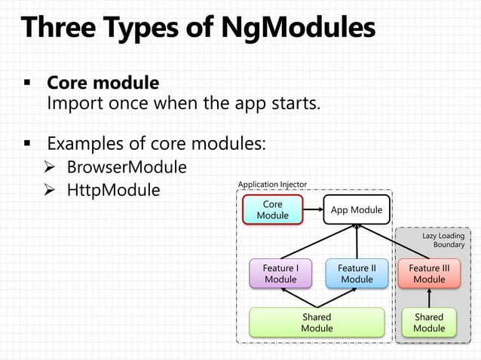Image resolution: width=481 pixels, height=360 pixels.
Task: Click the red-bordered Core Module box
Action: pyautogui.click(x=273, y=209)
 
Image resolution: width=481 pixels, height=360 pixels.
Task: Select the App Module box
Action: pyautogui.click(x=357, y=209)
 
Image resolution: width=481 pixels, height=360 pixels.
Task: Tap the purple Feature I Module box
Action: pyautogui.click(x=280, y=273)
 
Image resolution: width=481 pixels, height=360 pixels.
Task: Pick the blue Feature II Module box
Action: pyautogui.click(x=357, y=273)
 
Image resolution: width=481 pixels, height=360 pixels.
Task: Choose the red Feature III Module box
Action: pyautogui.click(x=429, y=273)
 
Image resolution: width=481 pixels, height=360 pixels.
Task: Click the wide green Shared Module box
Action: pyautogui.click(x=317, y=322)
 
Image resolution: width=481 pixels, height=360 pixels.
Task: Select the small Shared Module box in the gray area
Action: pyautogui.click(x=429, y=322)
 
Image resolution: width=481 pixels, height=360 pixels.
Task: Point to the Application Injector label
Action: pyautogui.click(x=272, y=184)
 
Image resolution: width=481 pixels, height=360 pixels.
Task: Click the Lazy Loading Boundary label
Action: pyautogui.click(x=444, y=240)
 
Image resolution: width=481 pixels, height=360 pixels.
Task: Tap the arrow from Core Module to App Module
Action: pyautogui.click(x=313, y=209)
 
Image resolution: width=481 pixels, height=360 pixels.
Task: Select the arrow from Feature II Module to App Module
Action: pyautogui.click(x=357, y=242)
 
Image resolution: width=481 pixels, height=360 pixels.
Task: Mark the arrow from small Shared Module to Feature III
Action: pyautogui.click(x=429, y=298)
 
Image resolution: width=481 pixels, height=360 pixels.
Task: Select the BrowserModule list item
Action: pyautogui.click(x=127, y=166)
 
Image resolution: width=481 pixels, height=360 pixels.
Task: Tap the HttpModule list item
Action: pyautogui.click(x=113, y=190)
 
